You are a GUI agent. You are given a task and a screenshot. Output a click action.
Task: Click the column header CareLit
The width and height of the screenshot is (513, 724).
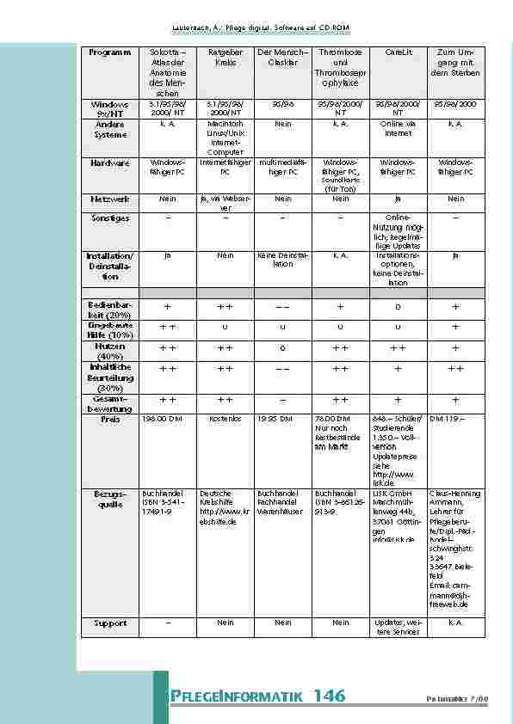[399, 53]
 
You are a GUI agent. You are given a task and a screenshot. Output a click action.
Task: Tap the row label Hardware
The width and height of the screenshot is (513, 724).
[109, 162]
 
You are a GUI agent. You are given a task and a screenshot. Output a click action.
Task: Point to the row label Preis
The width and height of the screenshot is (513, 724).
[109, 420]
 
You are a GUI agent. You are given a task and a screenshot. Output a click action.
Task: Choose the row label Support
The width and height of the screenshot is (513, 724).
[109, 623]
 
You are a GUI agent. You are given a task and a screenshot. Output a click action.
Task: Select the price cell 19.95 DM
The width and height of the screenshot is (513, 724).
[275, 420]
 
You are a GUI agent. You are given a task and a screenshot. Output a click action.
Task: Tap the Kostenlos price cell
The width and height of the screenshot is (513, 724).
[225, 420]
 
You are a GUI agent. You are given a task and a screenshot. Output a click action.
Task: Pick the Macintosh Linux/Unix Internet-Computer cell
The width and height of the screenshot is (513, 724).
[225, 138]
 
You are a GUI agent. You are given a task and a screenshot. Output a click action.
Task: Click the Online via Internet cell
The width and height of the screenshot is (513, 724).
[399, 129]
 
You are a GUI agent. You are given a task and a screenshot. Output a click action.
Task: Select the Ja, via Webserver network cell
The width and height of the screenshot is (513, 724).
[225, 203]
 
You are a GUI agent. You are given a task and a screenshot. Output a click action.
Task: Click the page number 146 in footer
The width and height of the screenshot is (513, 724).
[329, 695]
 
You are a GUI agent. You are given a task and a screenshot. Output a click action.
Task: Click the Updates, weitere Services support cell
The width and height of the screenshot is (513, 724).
[399, 627]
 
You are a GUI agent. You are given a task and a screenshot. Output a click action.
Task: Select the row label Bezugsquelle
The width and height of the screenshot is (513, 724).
[109, 500]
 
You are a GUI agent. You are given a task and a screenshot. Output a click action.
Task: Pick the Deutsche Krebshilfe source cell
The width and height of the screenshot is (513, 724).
[225, 507]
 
